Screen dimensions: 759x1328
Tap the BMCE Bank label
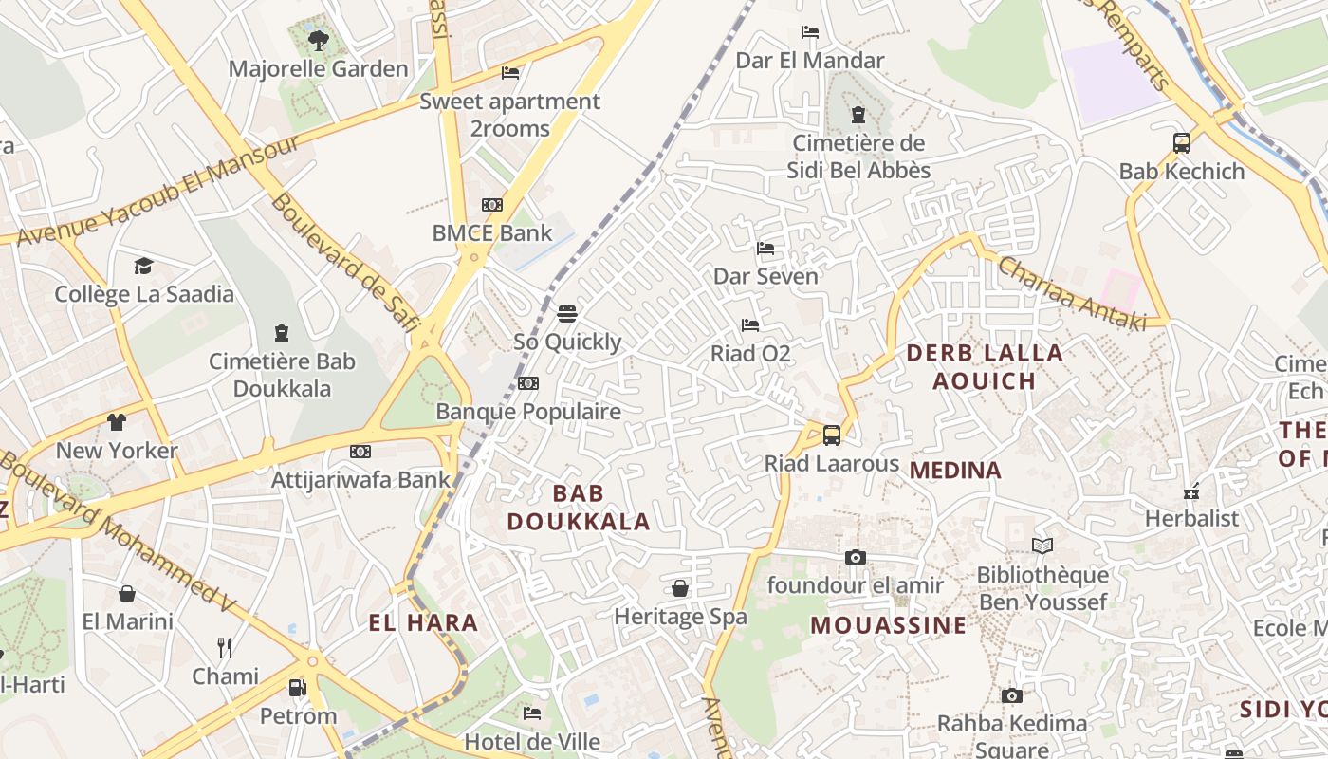(x=491, y=232)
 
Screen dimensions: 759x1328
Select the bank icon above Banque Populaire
(x=528, y=383)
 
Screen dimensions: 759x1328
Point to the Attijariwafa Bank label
(x=360, y=479)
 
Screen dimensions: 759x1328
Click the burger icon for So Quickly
(x=567, y=314)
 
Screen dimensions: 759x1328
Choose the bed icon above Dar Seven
(x=765, y=249)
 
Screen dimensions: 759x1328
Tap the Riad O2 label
(x=750, y=354)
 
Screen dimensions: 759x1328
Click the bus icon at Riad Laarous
(x=832, y=435)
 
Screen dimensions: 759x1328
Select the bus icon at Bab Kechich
(x=1181, y=143)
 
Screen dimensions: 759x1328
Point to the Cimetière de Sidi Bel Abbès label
(x=858, y=157)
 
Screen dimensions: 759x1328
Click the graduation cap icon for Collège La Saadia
(x=143, y=267)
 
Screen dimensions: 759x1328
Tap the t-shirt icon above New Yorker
(x=116, y=422)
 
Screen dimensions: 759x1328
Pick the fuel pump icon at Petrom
(x=298, y=688)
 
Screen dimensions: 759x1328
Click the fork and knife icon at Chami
(x=225, y=648)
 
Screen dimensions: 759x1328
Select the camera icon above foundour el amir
(x=856, y=557)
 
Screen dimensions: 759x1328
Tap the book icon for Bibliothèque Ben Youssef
(x=1042, y=546)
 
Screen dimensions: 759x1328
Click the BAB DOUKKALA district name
(x=578, y=507)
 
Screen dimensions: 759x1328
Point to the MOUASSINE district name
(x=889, y=625)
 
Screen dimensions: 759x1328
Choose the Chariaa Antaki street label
(x=1072, y=293)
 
